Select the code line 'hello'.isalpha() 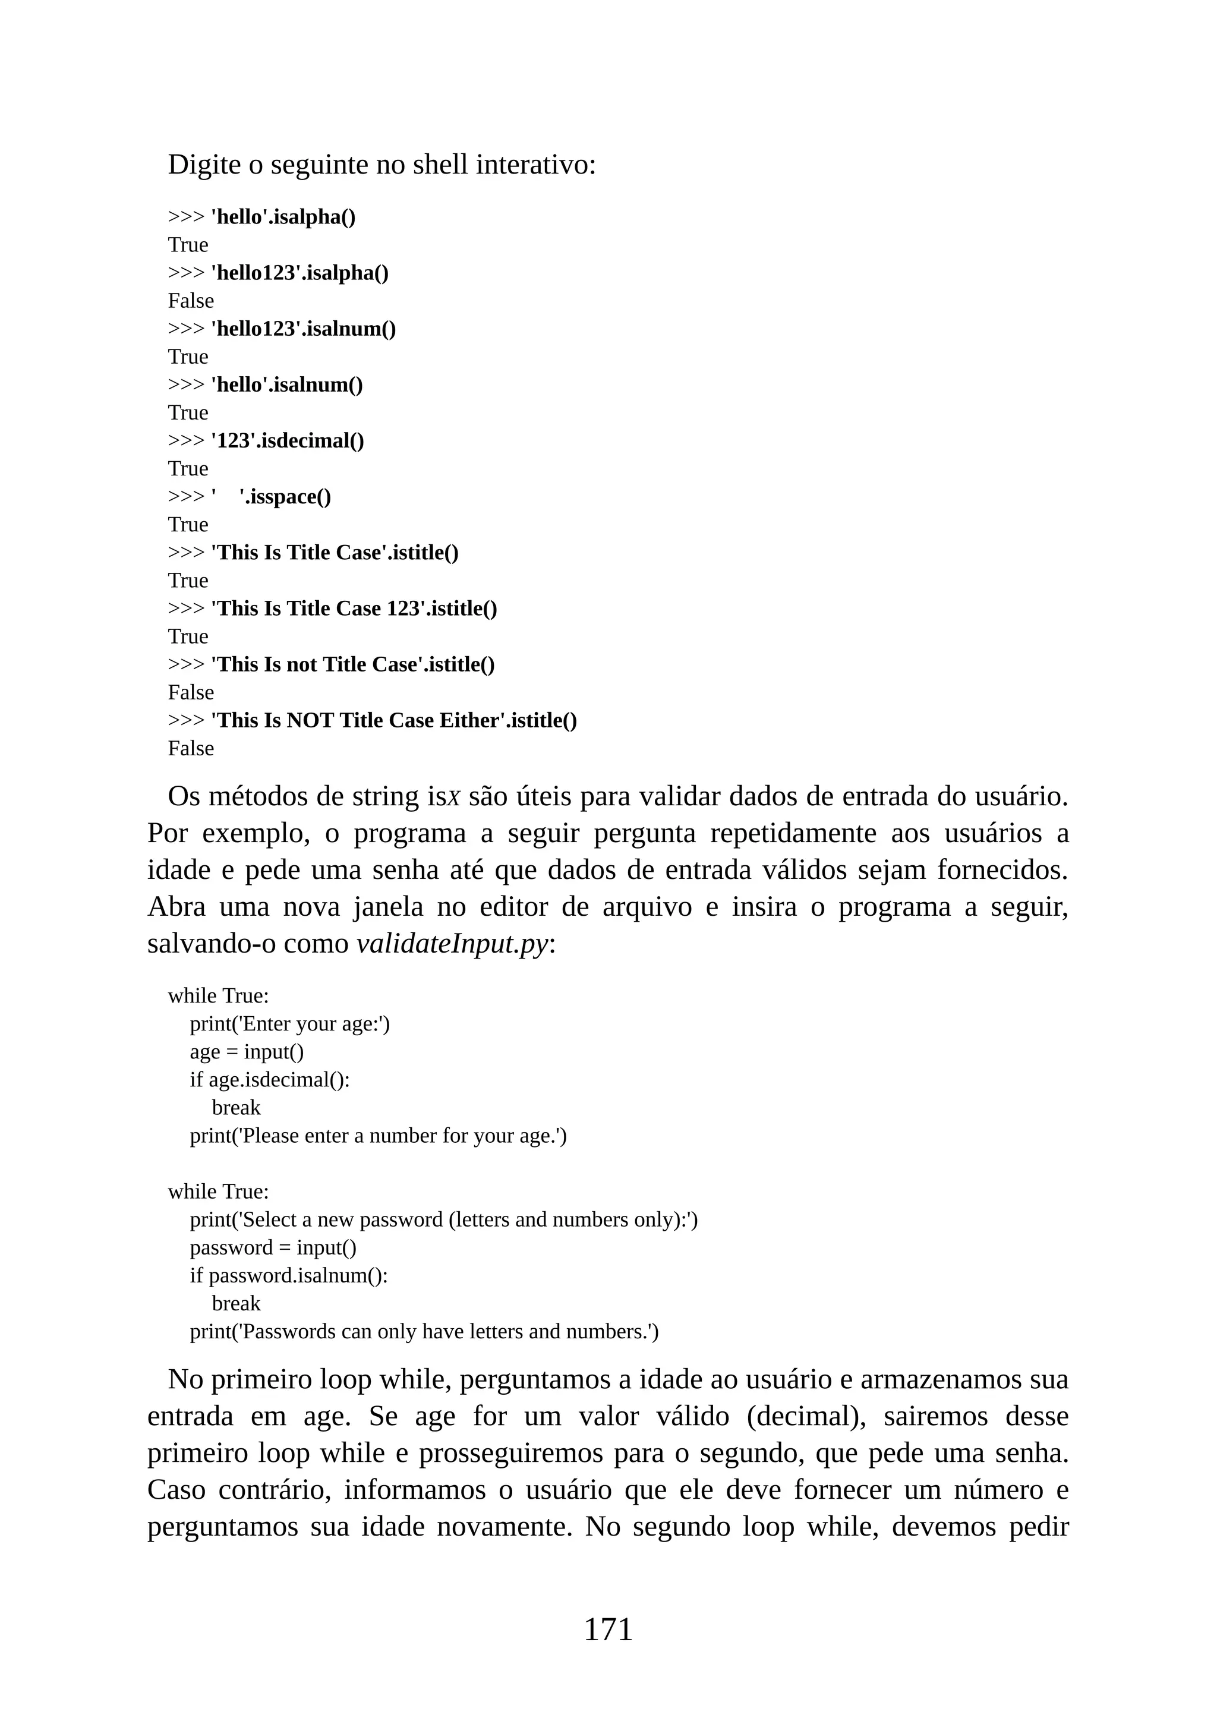(283, 217)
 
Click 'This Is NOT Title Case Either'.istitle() (394, 720)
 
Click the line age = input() (247, 1052)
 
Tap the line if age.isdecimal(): (270, 1079)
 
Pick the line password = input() (273, 1247)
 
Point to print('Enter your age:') (289, 1023)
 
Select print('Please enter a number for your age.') (378, 1136)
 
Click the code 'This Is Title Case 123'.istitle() (354, 608)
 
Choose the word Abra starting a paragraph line (176, 906)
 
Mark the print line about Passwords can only (424, 1331)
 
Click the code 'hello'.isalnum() (287, 384)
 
